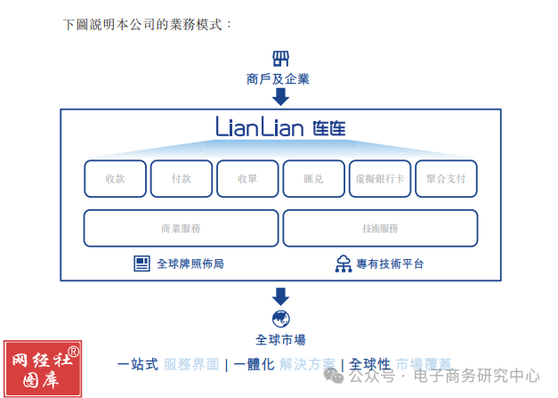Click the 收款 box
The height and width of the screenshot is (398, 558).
pyautogui.click(x=115, y=178)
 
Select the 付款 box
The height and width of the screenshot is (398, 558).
pyautogui.click(x=182, y=178)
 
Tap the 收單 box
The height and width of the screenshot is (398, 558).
pyautogui.click(x=247, y=178)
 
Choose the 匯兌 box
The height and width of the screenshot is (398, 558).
pyautogui.click(x=313, y=178)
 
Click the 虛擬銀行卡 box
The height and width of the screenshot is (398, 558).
pyautogui.click(x=380, y=178)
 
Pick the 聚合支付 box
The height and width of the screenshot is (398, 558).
pyautogui.click(x=447, y=178)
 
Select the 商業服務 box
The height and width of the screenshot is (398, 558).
pyautogui.click(x=181, y=228)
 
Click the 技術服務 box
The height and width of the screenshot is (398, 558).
pyautogui.click(x=380, y=228)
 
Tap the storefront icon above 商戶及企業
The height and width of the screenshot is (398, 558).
pyautogui.click(x=280, y=58)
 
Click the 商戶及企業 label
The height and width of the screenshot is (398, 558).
pyautogui.click(x=279, y=78)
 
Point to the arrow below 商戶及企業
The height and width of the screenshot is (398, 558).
pyautogui.click(x=280, y=96)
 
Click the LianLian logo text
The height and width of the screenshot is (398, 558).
pyautogui.click(x=280, y=127)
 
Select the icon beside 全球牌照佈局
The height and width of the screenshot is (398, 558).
pyautogui.click(x=142, y=264)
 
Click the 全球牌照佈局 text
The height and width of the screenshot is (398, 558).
pyautogui.click(x=190, y=264)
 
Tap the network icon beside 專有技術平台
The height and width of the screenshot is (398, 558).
pyautogui.click(x=343, y=264)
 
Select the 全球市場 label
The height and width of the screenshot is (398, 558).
pyautogui.click(x=280, y=339)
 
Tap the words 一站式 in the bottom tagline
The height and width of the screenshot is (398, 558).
pyautogui.click(x=138, y=364)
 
